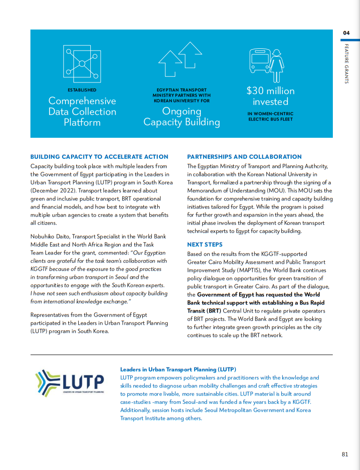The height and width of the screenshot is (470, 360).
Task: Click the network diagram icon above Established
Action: [82, 64]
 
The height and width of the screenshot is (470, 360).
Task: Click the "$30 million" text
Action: [271, 91]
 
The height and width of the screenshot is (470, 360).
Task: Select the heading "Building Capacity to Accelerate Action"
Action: [99, 157]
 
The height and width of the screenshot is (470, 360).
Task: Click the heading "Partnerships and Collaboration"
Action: [244, 157]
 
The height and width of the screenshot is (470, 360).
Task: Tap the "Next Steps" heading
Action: [205, 245]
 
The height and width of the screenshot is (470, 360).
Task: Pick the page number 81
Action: [345, 454]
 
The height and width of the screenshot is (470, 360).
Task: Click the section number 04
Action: [346, 33]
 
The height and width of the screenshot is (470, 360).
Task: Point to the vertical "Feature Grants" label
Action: [346, 64]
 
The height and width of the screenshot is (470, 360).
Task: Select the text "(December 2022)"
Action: [53, 191]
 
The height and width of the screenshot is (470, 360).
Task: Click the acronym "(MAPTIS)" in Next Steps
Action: [255, 270]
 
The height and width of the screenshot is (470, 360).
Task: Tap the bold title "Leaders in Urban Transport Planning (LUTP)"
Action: [178, 369]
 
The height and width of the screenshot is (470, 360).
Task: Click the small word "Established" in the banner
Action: [82, 90]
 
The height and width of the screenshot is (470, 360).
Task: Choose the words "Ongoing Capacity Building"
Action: [182, 117]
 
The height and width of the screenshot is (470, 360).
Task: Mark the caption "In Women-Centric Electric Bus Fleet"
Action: [271, 116]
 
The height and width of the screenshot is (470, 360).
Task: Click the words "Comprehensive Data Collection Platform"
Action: [82, 112]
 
